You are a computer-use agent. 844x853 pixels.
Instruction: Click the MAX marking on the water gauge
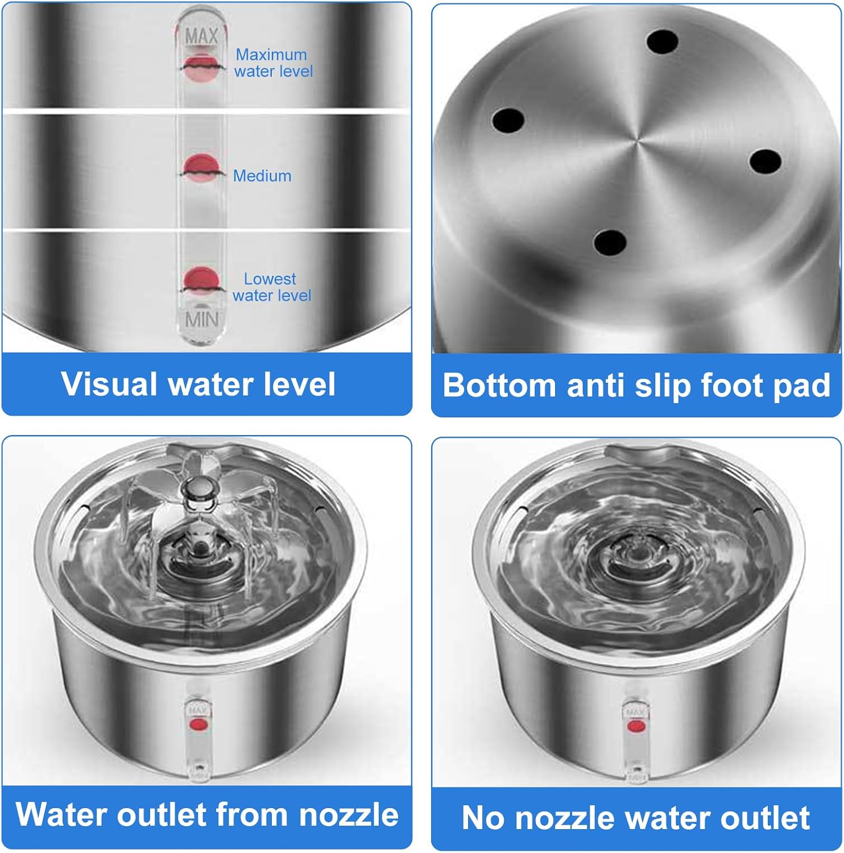pos(202,36)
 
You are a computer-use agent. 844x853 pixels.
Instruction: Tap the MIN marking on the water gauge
pos(201,320)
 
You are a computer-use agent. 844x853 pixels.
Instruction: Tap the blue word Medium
pos(262,176)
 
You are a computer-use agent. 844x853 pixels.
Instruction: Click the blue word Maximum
pos(271,55)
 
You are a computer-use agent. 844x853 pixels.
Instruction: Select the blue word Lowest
pos(270,279)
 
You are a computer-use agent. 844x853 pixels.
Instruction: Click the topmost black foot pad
pos(662,41)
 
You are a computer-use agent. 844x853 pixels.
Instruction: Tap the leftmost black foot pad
pos(508,120)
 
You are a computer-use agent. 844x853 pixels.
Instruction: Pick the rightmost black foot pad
pos(765,162)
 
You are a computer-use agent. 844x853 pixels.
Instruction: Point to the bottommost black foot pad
pos(610,243)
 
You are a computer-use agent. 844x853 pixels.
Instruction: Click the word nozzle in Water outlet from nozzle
pos(349,814)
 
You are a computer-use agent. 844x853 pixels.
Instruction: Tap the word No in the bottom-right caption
pos(483,818)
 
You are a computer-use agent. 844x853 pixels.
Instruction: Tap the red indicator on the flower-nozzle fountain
pos(198,724)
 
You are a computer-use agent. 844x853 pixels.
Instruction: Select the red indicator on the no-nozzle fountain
pos(635,726)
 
